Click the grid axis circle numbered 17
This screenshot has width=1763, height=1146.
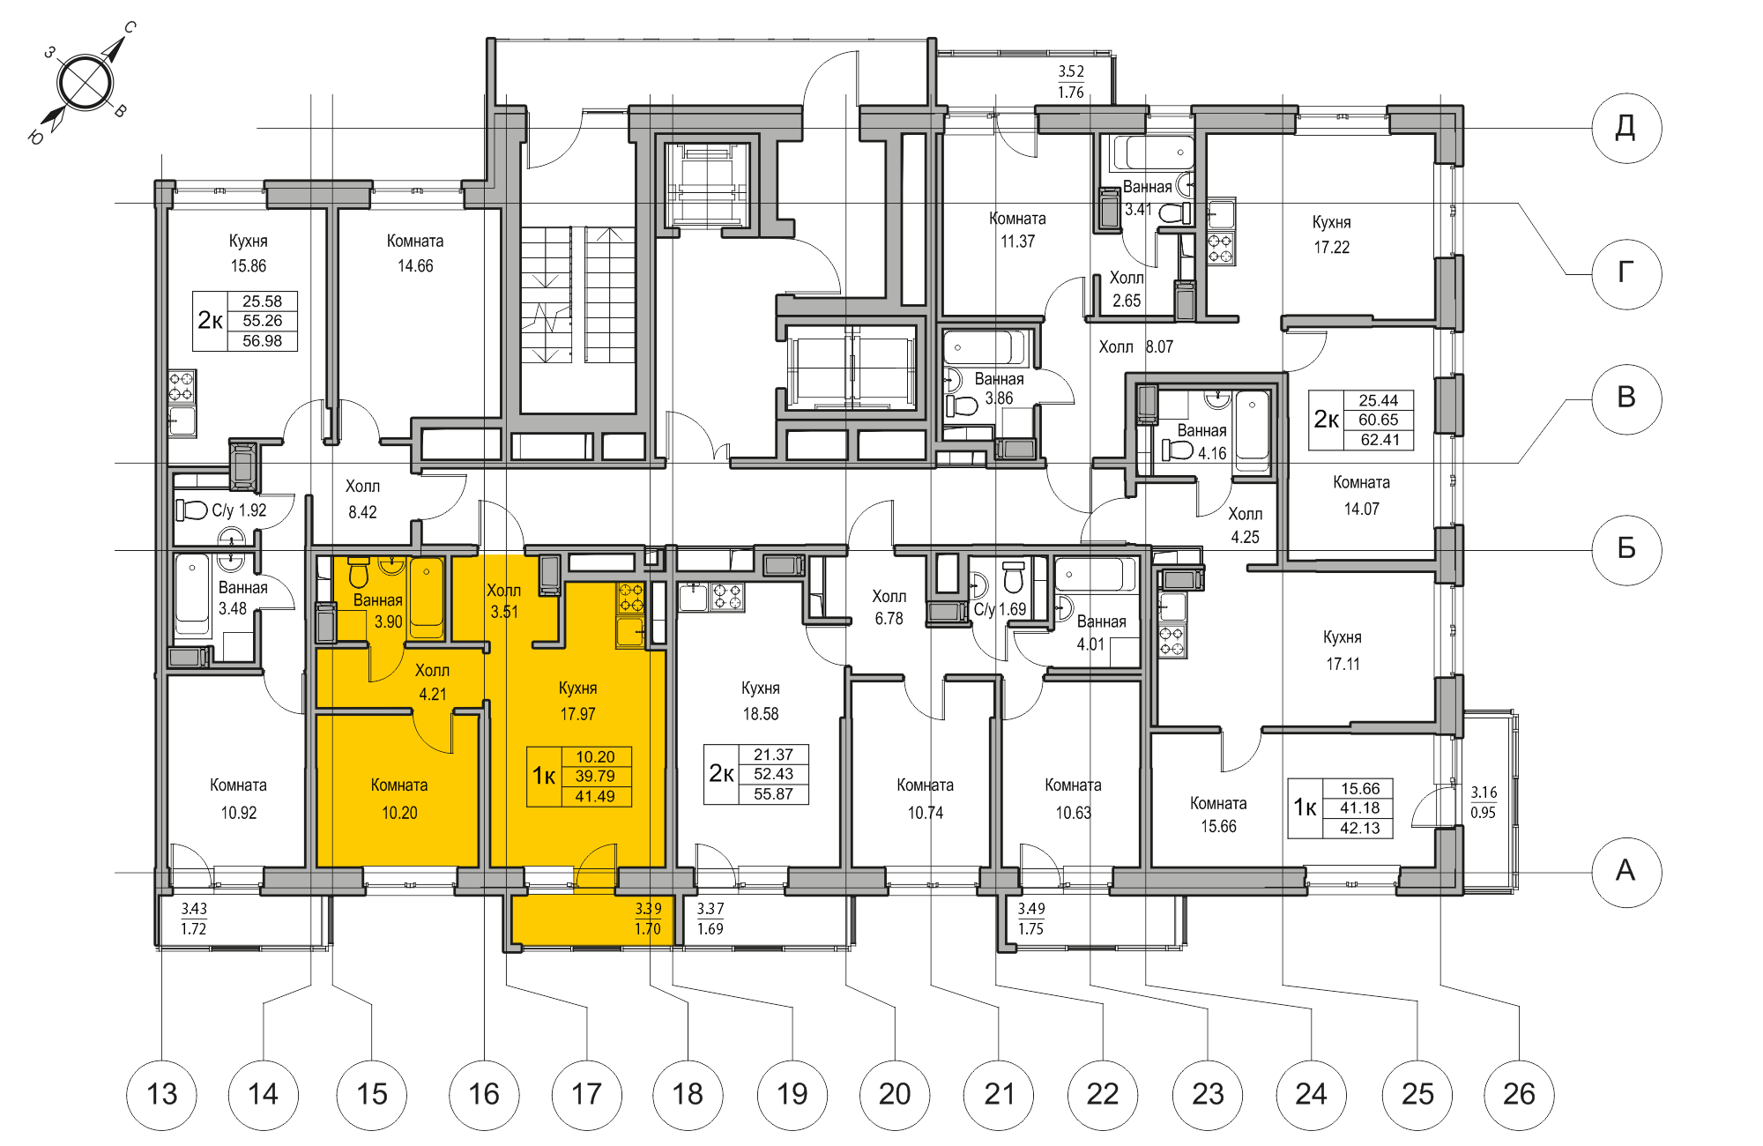[586, 1095]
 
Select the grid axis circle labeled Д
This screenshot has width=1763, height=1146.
[1626, 128]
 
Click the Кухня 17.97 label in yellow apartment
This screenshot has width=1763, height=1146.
[577, 701]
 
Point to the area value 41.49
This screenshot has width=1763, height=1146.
[595, 797]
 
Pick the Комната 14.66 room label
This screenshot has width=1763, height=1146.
[415, 253]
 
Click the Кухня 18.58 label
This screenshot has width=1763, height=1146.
[760, 701]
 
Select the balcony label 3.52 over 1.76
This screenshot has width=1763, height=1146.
[1071, 81]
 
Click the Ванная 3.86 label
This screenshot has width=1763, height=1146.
[999, 388]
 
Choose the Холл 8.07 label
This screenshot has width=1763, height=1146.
[1135, 347]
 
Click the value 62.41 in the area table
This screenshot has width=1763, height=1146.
[1379, 440]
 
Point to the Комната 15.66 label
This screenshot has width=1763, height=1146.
[1218, 815]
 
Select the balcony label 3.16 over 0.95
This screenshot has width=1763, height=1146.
[1484, 802]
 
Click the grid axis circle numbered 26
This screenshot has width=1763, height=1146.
[1519, 1095]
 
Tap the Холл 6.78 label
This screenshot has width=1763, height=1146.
[889, 607]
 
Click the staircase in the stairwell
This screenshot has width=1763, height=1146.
[577, 295]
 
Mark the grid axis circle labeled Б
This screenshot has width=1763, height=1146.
[1626, 548]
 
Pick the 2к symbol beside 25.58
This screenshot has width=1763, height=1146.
[210, 321]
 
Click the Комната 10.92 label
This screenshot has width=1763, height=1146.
[238, 799]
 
